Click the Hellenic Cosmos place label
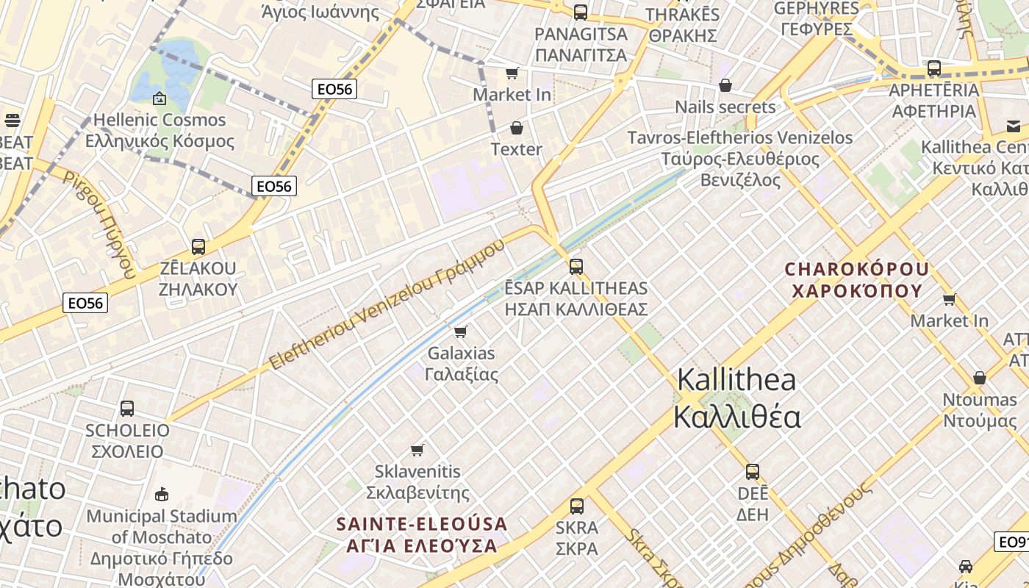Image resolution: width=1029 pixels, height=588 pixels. pyautogui.click(x=159, y=130)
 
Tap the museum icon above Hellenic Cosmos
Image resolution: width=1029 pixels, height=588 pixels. pyautogui.click(x=159, y=98)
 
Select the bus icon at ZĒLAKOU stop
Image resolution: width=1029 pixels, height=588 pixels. pyautogui.click(x=198, y=247)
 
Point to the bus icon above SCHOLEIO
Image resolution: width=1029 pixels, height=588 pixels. pyautogui.click(x=127, y=409)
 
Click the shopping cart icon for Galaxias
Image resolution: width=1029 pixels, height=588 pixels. pyautogui.click(x=461, y=332)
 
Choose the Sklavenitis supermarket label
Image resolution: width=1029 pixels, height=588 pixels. pyautogui.click(x=417, y=482)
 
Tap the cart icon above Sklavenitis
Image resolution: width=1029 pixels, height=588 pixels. pyautogui.click(x=417, y=450)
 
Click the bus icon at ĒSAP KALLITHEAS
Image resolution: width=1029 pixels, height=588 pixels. pyautogui.click(x=576, y=267)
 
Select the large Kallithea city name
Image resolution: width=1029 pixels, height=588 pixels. pyautogui.click(x=736, y=398)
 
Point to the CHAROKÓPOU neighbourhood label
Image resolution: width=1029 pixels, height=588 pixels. pyautogui.click(x=857, y=279)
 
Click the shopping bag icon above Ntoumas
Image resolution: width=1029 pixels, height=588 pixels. pyautogui.click(x=979, y=379)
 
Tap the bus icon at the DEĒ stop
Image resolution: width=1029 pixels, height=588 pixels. pyautogui.click(x=753, y=472)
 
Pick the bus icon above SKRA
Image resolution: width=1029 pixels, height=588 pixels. pyautogui.click(x=577, y=506)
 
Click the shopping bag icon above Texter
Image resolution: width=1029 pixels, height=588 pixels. pyautogui.click(x=517, y=129)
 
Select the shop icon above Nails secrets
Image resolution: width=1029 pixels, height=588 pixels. pyautogui.click(x=725, y=86)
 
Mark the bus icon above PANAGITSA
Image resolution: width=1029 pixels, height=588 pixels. pyautogui.click(x=581, y=12)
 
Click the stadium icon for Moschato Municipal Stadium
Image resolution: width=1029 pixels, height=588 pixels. pyautogui.click(x=162, y=495)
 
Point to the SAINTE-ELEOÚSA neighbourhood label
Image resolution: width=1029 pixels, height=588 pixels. pyautogui.click(x=422, y=535)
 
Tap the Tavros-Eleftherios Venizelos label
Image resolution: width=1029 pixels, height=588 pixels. pyautogui.click(x=740, y=158)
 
